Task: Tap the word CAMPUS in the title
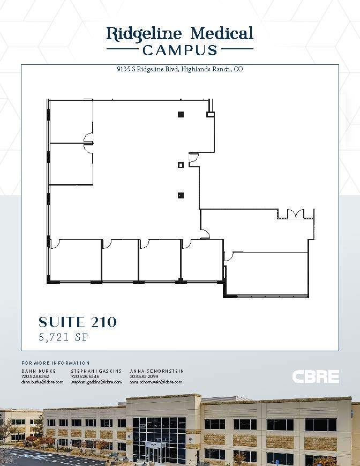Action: pos(179,50)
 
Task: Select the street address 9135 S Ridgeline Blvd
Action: pos(147,69)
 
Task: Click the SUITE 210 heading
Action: pos(78,322)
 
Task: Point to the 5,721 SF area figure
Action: pos(63,337)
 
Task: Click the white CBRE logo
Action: pos(316,376)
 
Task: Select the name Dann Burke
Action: pos(39,371)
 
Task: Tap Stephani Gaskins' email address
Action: pos(96,382)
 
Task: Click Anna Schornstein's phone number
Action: pos(145,376)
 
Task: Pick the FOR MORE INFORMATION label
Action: pos(56,363)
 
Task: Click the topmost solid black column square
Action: pos(181,114)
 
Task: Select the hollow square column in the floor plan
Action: pos(181,165)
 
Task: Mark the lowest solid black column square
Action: pos(181,195)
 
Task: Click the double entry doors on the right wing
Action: pos(296,214)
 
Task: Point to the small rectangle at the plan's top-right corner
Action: pos(211,114)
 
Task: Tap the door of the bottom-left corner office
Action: pos(54,244)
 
